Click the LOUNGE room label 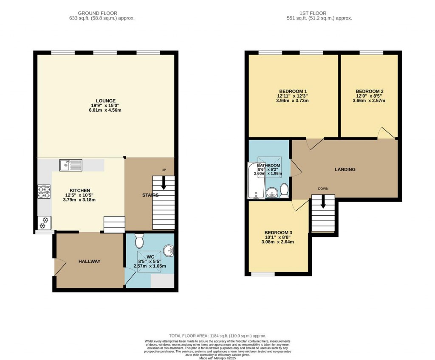pos(105,101)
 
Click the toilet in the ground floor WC pos(139,241)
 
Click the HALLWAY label pos(89,262)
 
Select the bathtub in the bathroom pos(256,180)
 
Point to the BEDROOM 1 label pos(293,91)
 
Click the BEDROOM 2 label pos(370,91)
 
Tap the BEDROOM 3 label pos(278,233)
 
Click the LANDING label pos(345,169)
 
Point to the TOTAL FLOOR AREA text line pos(217,336)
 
